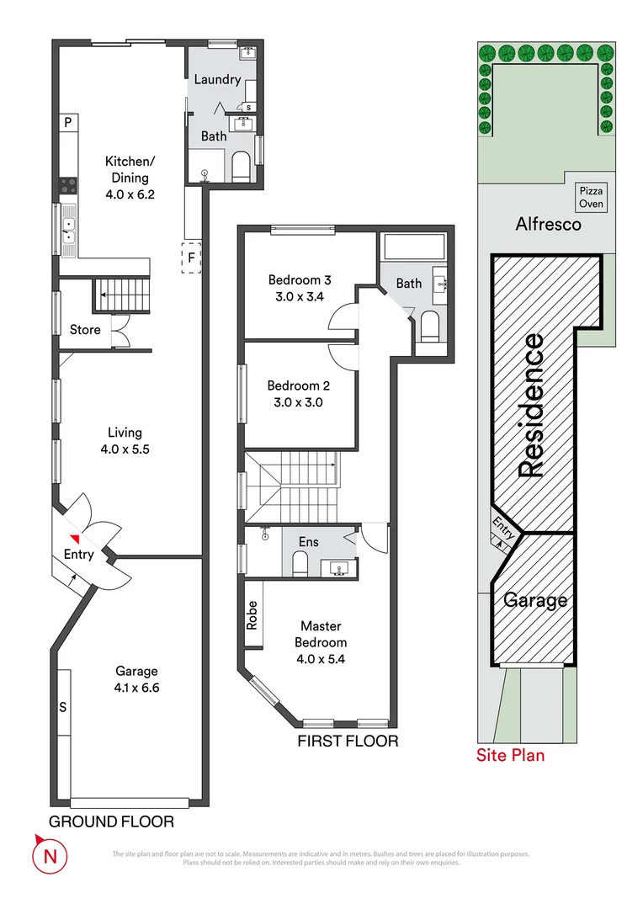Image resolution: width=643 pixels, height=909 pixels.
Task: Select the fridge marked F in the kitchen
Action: tap(191, 258)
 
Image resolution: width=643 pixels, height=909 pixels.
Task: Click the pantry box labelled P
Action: tap(68, 123)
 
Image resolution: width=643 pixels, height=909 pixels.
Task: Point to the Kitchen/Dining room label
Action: tap(127, 169)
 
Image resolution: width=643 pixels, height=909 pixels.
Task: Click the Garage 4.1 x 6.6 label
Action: tap(136, 678)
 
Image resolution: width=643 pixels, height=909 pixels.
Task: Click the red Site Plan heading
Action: tap(510, 755)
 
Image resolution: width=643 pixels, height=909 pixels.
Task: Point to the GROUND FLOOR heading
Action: tap(111, 821)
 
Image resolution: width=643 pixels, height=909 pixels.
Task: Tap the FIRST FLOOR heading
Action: tap(348, 742)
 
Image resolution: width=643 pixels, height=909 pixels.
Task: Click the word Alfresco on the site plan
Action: tap(547, 225)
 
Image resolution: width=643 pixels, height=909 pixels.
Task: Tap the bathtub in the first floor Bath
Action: tap(413, 248)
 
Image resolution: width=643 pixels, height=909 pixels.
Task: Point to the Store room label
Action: tap(85, 329)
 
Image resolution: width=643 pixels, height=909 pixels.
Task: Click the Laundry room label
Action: tap(217, 80)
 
